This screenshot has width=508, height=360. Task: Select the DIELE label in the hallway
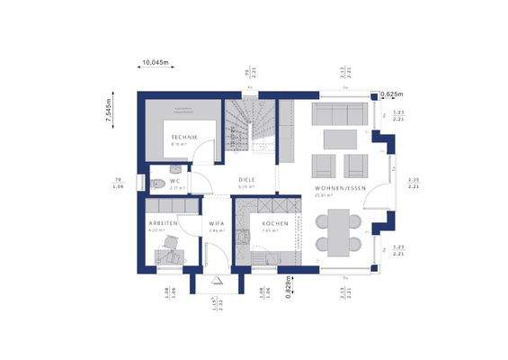pos(247,180)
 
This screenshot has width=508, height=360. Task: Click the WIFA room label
pos(217,222)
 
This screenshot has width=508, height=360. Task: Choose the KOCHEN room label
pos(275,222)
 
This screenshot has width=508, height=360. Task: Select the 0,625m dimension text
pos(391,94)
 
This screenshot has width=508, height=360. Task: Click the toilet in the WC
pos(158,184)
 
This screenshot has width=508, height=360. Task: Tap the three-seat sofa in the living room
pos(338,113)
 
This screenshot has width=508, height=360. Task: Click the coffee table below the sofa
pos(339,138)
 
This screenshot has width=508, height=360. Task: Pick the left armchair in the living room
pos(322,165)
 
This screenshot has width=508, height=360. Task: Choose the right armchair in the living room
pos(356,165)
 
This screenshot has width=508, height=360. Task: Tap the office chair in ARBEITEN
pos(168,256)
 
